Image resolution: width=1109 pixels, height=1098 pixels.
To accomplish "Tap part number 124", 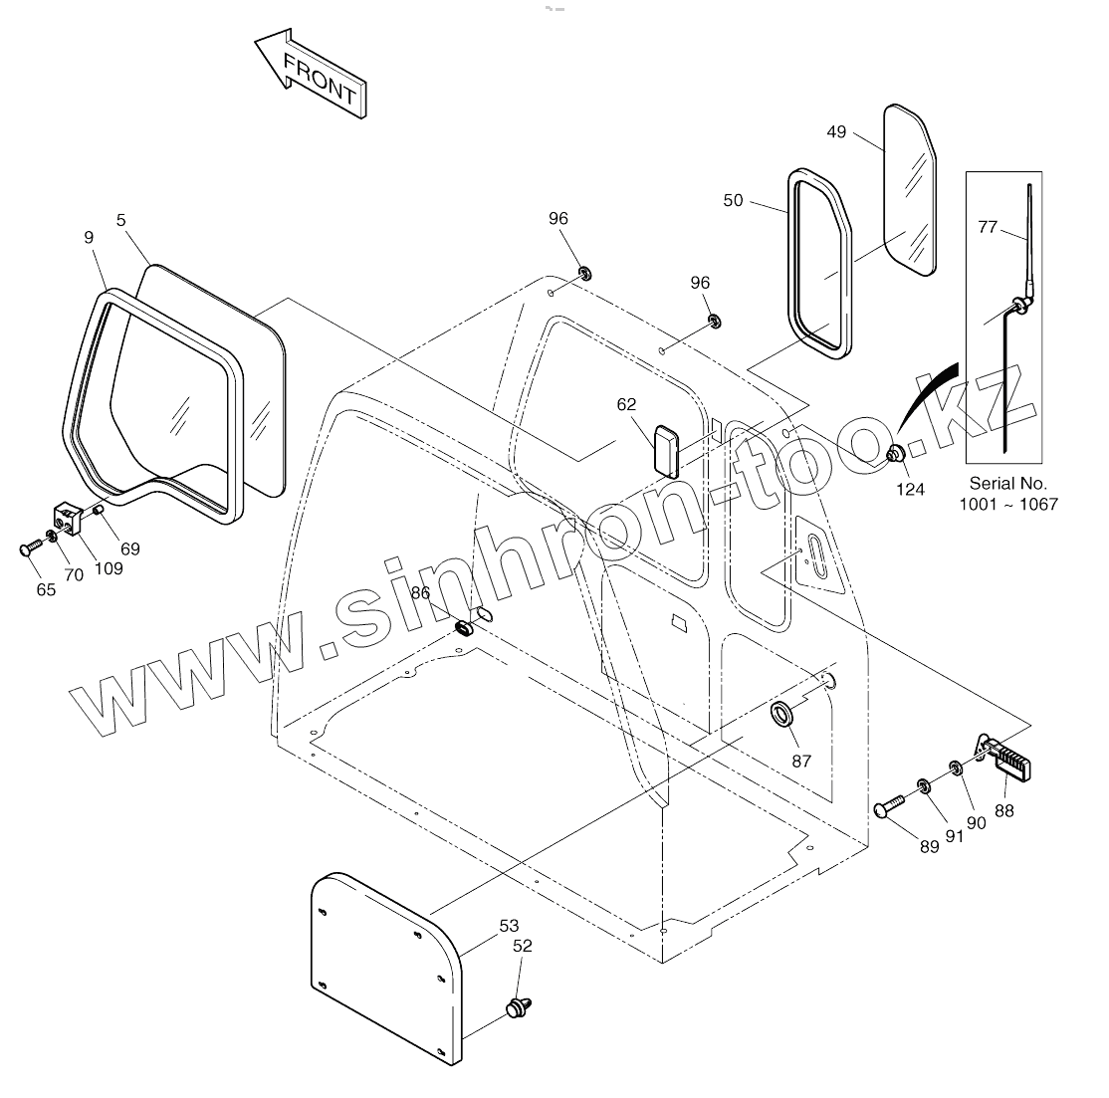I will point(910,489).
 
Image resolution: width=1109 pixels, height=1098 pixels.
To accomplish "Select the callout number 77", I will point(987,227).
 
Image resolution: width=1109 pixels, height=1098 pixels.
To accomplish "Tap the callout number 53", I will point(509,926).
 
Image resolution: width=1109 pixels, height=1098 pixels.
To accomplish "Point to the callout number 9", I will point(89,237).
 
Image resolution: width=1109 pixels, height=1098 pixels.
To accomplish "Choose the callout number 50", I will point(733,200).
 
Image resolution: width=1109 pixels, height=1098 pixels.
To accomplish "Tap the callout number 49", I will point(836,131).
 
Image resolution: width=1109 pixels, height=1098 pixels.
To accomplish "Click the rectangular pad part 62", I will point(665,449).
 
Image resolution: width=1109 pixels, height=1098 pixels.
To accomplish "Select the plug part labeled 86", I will point(464,627).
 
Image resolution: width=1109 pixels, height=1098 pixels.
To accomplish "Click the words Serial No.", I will point(1007,484).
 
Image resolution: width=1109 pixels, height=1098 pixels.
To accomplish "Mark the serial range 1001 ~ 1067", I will point(1007,504).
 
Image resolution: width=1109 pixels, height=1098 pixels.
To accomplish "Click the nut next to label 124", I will point(895,455).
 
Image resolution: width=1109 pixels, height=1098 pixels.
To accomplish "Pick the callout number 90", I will point(976,822).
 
